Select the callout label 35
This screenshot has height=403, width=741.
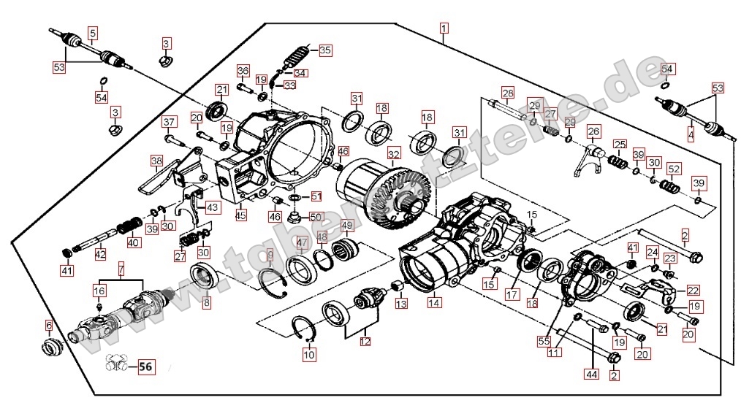[324, 50]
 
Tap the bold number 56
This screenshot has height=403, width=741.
[145, 366]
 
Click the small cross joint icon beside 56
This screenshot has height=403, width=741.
[118, 362]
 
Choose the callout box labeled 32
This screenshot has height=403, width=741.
[394, 154]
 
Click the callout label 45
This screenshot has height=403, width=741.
[240, 215]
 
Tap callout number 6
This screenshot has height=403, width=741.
[49, 325]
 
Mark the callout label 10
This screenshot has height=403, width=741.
[309, 356]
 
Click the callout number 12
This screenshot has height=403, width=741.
[365, 339]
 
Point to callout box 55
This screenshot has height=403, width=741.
[544, 340]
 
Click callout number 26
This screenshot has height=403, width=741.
[593, 131]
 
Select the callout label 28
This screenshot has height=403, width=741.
[507, 93]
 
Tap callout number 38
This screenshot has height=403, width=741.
[156, 161]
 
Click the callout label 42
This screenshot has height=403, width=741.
[100, 255]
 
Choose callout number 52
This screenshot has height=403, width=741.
[673, 169]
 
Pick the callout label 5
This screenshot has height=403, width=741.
[93, 32]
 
